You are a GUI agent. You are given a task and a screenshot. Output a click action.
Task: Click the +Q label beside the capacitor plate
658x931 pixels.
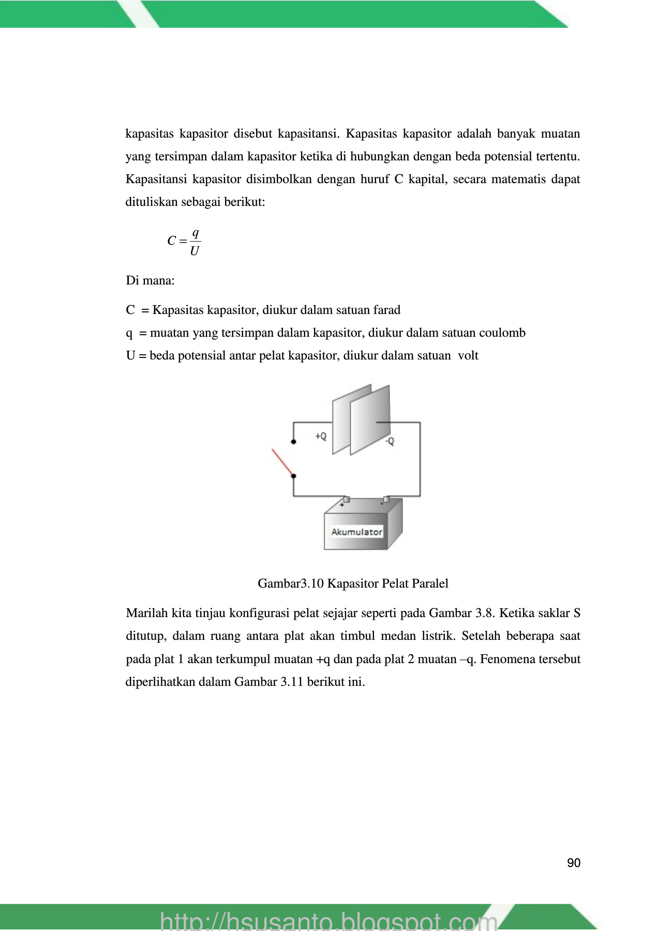[x=321, y=436]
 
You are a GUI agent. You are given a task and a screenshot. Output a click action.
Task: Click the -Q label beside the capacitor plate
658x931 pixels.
[x=389, y=441]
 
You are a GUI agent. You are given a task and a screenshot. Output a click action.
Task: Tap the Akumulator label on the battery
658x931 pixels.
[x=356, y=532]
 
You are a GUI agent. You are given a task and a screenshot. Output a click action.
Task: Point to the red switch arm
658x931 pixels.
[x=282, y=462]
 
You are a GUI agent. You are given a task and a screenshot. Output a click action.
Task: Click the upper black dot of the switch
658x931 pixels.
[x=293, y=442]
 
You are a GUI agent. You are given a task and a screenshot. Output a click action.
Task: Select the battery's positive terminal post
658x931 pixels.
[x=346, y=499]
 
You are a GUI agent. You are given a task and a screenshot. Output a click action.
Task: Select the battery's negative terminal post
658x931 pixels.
[x=386, y=499]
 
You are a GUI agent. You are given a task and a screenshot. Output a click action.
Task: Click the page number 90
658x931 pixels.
[x=574, y=863]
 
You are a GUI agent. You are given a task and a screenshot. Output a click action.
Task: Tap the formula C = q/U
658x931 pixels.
[x=184, y=242]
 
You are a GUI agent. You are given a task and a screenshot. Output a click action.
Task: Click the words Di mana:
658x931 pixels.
[x=150, y=281]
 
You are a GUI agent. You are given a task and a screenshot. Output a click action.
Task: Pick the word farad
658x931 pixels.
[x=386, y=310]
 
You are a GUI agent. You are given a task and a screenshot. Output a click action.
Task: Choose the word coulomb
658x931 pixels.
[x=502, y=333]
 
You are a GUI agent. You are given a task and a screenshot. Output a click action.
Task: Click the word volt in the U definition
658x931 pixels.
[x=468, y=355]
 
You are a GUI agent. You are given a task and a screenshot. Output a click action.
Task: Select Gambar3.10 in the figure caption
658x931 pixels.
[x=291, y=583]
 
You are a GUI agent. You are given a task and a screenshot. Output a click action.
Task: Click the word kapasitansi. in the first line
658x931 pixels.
[x=308, y=133]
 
